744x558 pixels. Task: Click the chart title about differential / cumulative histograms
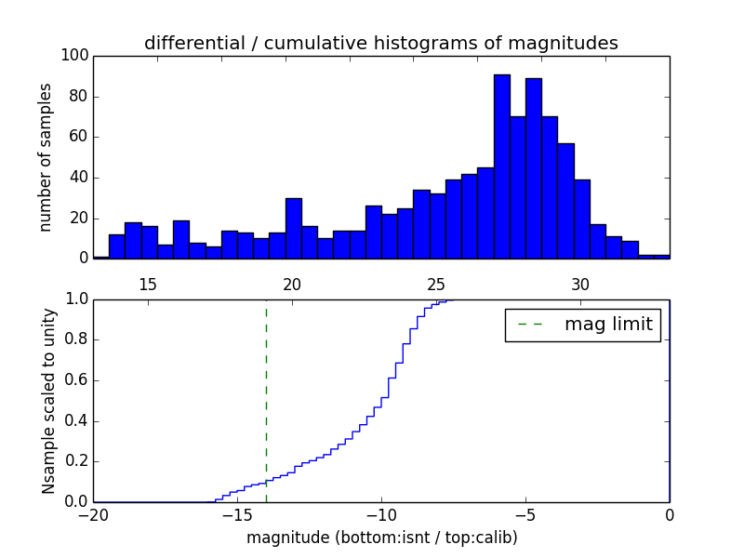[380, 43]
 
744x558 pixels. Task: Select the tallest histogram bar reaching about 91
[501, 167]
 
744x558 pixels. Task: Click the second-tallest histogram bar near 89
[533, 169]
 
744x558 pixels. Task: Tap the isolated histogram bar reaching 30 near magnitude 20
[293, 228]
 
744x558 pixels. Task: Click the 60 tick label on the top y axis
[79, 137]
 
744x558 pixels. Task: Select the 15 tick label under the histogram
[148, 284]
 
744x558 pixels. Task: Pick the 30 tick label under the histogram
[580, 284]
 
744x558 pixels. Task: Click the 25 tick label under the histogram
[436, 284]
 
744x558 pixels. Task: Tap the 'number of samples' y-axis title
[45, 156]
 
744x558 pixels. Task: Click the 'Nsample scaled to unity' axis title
[48, 400]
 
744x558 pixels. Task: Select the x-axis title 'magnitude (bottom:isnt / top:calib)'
[381, 538]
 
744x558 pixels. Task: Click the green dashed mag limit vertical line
[266, 400]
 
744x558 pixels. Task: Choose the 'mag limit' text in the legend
[608, 325]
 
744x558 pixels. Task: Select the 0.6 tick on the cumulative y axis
[75, 380]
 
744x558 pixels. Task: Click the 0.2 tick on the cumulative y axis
[75, 461]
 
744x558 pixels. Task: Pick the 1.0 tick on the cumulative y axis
[75, 299]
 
